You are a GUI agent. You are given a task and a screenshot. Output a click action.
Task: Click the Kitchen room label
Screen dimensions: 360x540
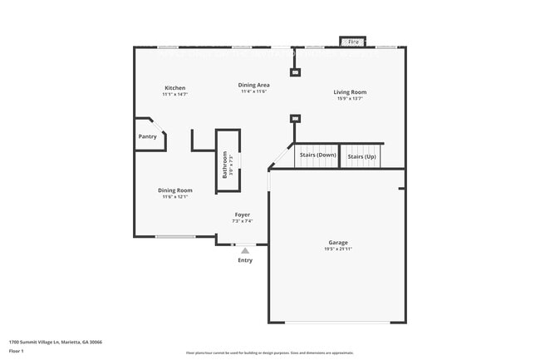coord(174,88)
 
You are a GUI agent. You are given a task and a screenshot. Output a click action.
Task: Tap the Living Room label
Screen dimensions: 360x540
coord(350,92)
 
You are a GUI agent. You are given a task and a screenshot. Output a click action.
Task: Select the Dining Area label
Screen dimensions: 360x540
coord(253,85)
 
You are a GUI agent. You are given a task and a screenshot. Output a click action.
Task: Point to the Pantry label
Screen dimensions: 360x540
coord(147,136)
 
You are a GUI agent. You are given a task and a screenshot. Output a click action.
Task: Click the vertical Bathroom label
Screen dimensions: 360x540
coord(223,164)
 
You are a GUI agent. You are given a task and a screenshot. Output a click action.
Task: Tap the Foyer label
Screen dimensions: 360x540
coord(241,215)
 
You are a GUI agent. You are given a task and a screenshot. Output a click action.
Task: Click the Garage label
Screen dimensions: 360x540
coord(337,242)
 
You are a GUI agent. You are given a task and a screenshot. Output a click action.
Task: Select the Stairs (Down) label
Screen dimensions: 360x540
coord(317,155)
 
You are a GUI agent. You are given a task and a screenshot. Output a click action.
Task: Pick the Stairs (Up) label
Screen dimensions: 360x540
coord(361,156)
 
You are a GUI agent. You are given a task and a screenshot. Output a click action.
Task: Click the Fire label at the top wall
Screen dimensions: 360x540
coord(353,41)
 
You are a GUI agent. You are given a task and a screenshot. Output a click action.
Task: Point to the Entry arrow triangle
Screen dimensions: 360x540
coord(244,249)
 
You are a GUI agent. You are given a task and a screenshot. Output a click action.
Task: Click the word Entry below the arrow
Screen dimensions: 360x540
coord(244,260)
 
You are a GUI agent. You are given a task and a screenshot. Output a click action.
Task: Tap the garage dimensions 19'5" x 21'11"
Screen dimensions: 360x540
coord(337,249)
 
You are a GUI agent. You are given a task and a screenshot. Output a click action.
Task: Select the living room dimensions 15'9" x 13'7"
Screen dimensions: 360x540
coord(350,99)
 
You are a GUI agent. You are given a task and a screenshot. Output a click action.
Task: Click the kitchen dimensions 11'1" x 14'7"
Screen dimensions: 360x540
coord(174,95)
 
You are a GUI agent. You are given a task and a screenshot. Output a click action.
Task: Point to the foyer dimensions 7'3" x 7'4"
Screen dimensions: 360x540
coord(241,222)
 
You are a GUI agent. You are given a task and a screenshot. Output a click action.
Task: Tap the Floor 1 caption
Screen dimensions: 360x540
coord(17,351)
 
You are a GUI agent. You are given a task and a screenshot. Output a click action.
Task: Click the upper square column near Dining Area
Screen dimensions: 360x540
coord(293,72)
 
